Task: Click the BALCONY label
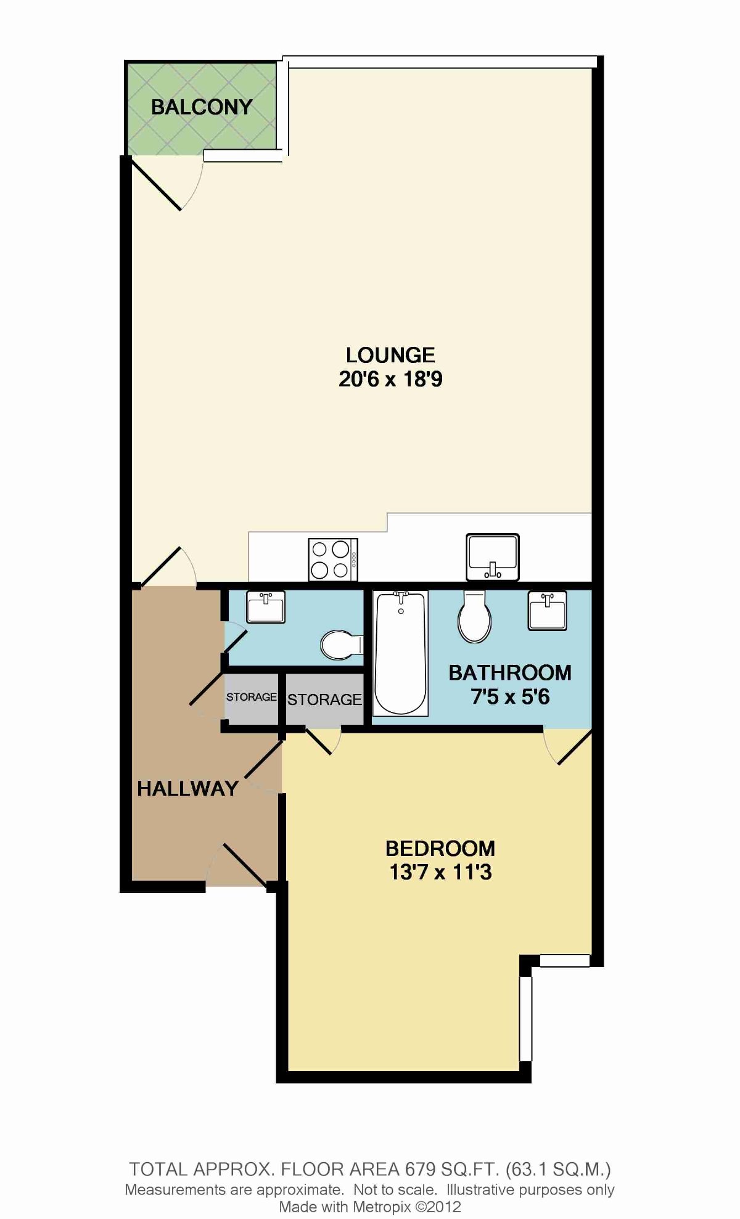[x=202, y=107]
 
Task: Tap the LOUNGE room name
[x=390, y=355]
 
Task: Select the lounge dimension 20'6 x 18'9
[x=390, y=378]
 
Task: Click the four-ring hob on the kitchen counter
[x=333, y=560]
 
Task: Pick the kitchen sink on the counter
[x=493, y=557]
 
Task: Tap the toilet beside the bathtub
[x=474, y=616]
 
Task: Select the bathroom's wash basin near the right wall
[x=547, y=610]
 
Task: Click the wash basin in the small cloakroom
[x=266, y=606]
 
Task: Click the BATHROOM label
[x=510, y=672]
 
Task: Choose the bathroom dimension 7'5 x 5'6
[x=510, y=696]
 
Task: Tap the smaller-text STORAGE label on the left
[x=252, y=697]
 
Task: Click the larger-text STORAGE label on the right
[x=324, y=699]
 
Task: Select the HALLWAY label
[x=187, y=788]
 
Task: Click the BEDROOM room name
[x=440, y=849]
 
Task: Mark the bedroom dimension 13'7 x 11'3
[x=440, y=873]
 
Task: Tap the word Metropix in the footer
[x=383, y=1207]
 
